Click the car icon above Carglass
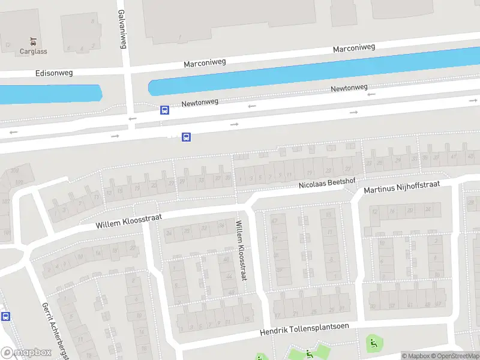click(x=33, y=42)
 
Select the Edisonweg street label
click(x=54, y=73)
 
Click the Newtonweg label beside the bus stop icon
click(x=200, y=103)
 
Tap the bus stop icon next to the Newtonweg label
click(x=164, y=110)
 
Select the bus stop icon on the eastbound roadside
click(x=186, y=137)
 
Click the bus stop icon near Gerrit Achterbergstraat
click(x=5, y=316)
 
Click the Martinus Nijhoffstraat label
click(x=402, y=187)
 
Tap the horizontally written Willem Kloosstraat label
click(x=129, y=220)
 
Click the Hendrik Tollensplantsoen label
click(x=304, y=329)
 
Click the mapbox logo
click(x=26, y=353)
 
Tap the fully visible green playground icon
click(x=373, y=344)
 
